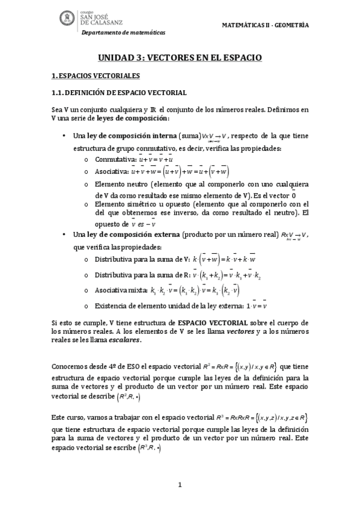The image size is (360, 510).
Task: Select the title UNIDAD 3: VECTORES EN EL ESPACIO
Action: tap(180, 58)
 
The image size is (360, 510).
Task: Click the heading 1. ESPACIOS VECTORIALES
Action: tap(96, 76)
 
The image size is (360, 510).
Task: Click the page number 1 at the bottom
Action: tap(180, 485)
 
